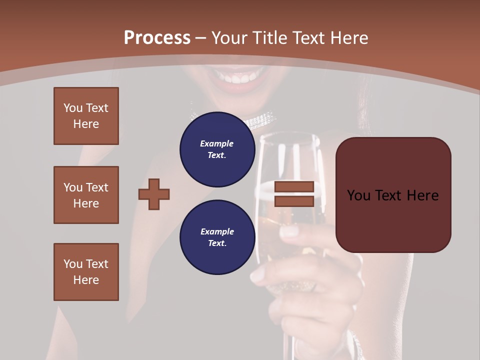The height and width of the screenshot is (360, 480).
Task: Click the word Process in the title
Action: [x=157, y=37]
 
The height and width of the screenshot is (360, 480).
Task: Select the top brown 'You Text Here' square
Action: [x=86, y=116]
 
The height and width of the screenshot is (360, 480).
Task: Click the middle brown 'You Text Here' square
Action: [x=86, y=195]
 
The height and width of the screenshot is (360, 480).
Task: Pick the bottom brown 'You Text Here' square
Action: [x=86, y=272]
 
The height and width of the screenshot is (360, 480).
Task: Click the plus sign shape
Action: [x=154, y=194]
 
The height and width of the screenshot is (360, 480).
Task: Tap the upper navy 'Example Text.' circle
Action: [x=217, y=149]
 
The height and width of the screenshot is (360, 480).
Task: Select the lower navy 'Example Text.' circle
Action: [x=217, y=237]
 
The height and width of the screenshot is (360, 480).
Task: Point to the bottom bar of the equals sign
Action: [x=294, y=201]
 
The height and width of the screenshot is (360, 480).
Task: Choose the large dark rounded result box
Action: [x=393, y=195]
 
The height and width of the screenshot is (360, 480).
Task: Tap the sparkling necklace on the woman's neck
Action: [x=260, y=120]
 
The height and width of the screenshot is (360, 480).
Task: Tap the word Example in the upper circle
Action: [x=217, y=143]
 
